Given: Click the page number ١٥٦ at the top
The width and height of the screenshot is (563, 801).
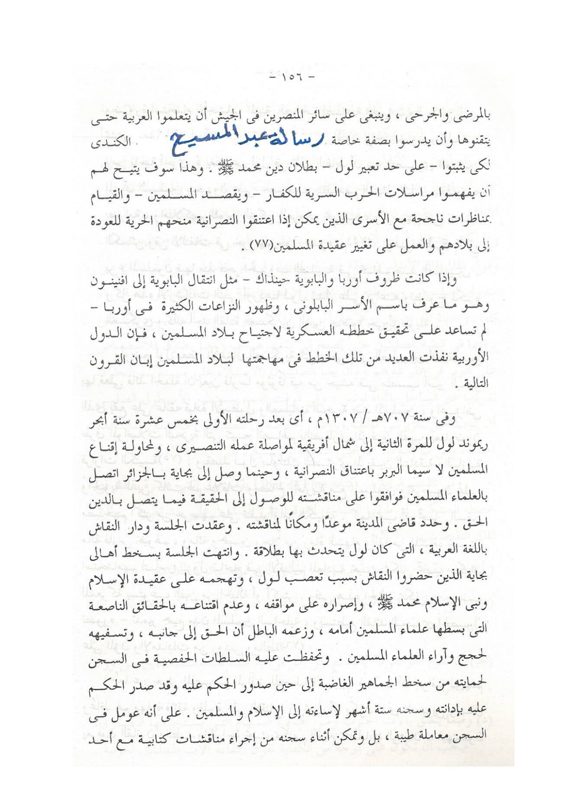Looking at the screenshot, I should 290,78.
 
